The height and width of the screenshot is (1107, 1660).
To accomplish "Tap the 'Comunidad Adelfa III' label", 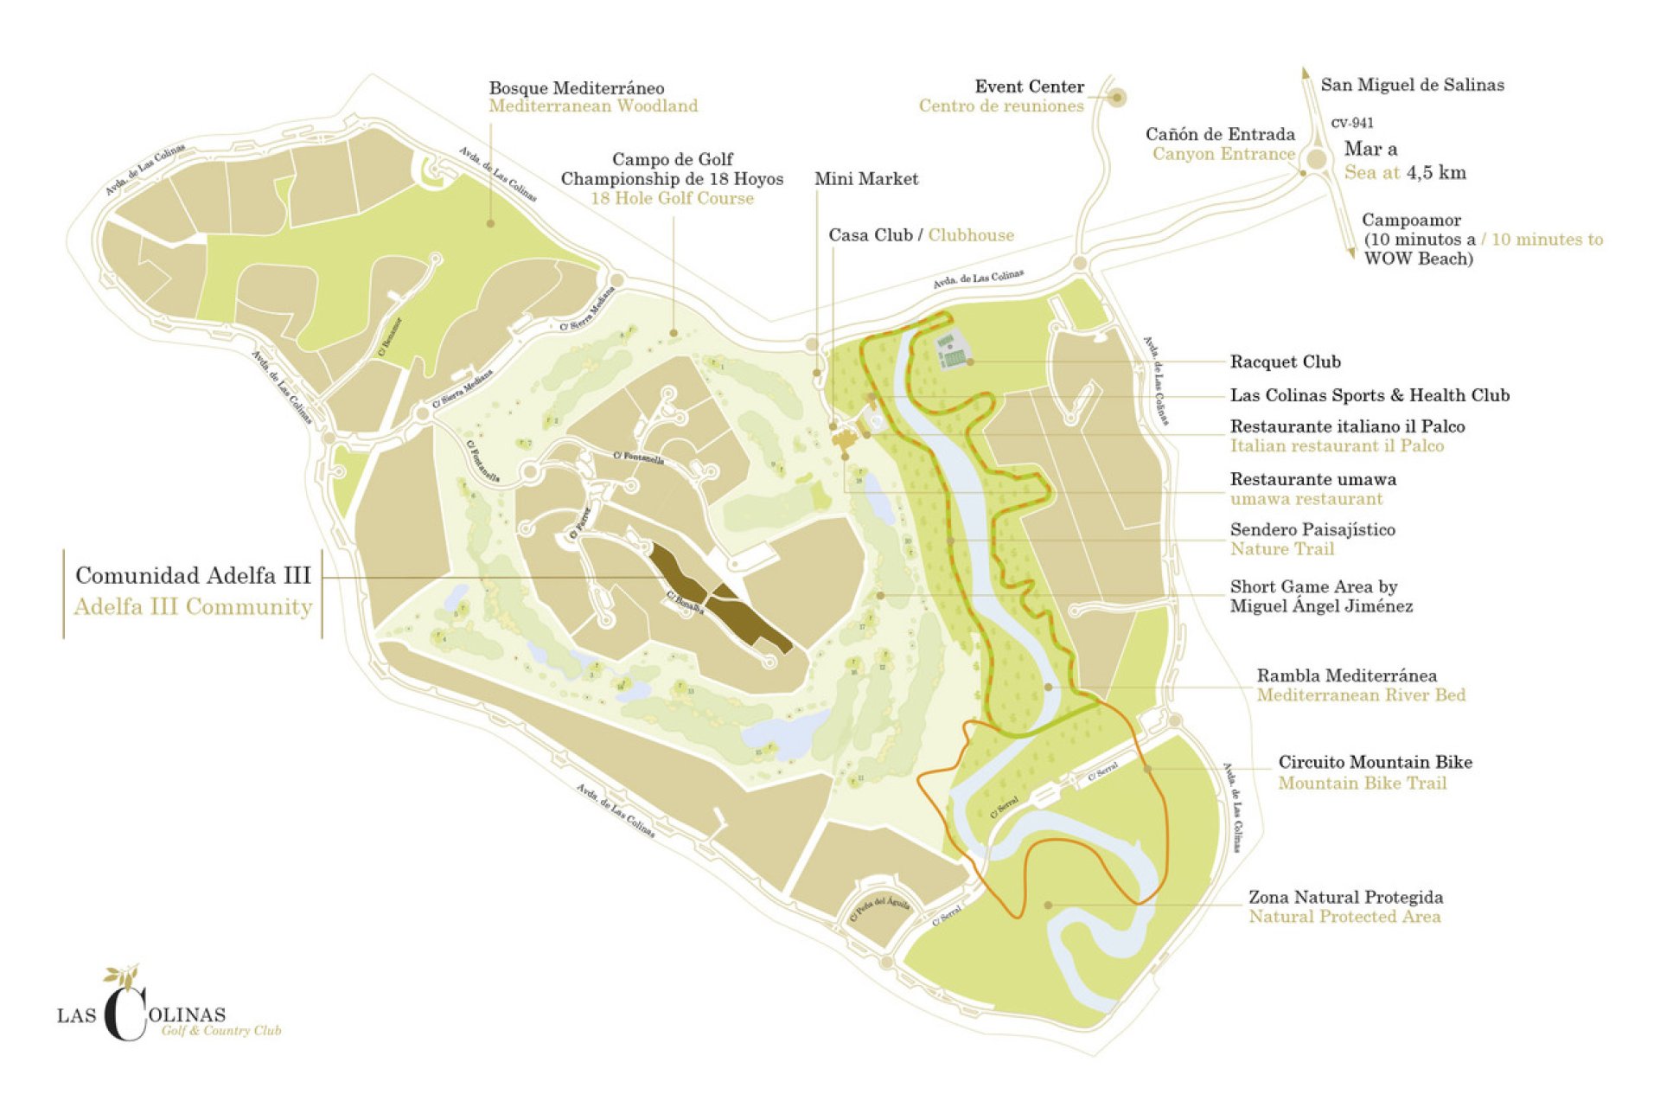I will (x=193, y=576).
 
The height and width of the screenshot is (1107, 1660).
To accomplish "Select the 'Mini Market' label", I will (x=865, y=179).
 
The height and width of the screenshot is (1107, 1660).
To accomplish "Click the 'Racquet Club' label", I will (x=1285, y=362).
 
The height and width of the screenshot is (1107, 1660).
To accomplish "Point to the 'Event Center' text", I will (x=1029, y=86).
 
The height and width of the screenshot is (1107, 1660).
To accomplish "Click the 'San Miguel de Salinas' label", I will (x=1412, y=85).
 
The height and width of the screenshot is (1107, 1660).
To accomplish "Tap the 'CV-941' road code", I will (x=1352, y=123).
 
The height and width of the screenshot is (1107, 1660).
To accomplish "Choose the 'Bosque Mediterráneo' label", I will (x=577, y=88).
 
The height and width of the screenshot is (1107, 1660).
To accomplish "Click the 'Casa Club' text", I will (x=870, y=235).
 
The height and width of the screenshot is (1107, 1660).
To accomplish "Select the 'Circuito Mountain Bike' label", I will (x=1375, y=762).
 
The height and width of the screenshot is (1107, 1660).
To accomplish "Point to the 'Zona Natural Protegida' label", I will (x=1345, y=897).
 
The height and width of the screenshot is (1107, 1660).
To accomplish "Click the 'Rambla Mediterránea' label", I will (x=1346, y=675).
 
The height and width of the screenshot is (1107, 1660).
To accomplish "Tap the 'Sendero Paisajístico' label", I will (x=1312, y=529).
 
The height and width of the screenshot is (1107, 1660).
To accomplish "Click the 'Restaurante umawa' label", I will (x=1312, y=479).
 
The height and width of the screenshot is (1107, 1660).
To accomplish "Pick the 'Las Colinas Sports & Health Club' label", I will (x=1369, y=395).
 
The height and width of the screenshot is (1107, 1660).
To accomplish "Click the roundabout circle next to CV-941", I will (x=1316, y=159).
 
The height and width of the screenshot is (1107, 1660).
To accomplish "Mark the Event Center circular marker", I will (x=1116, y=98).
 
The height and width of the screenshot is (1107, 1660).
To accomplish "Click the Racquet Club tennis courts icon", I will (x=951, y=350).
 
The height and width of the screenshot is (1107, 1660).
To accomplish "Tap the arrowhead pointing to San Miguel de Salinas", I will (x=1306, y=74).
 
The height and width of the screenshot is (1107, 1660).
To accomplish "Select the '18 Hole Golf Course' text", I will (x=672, y=198).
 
